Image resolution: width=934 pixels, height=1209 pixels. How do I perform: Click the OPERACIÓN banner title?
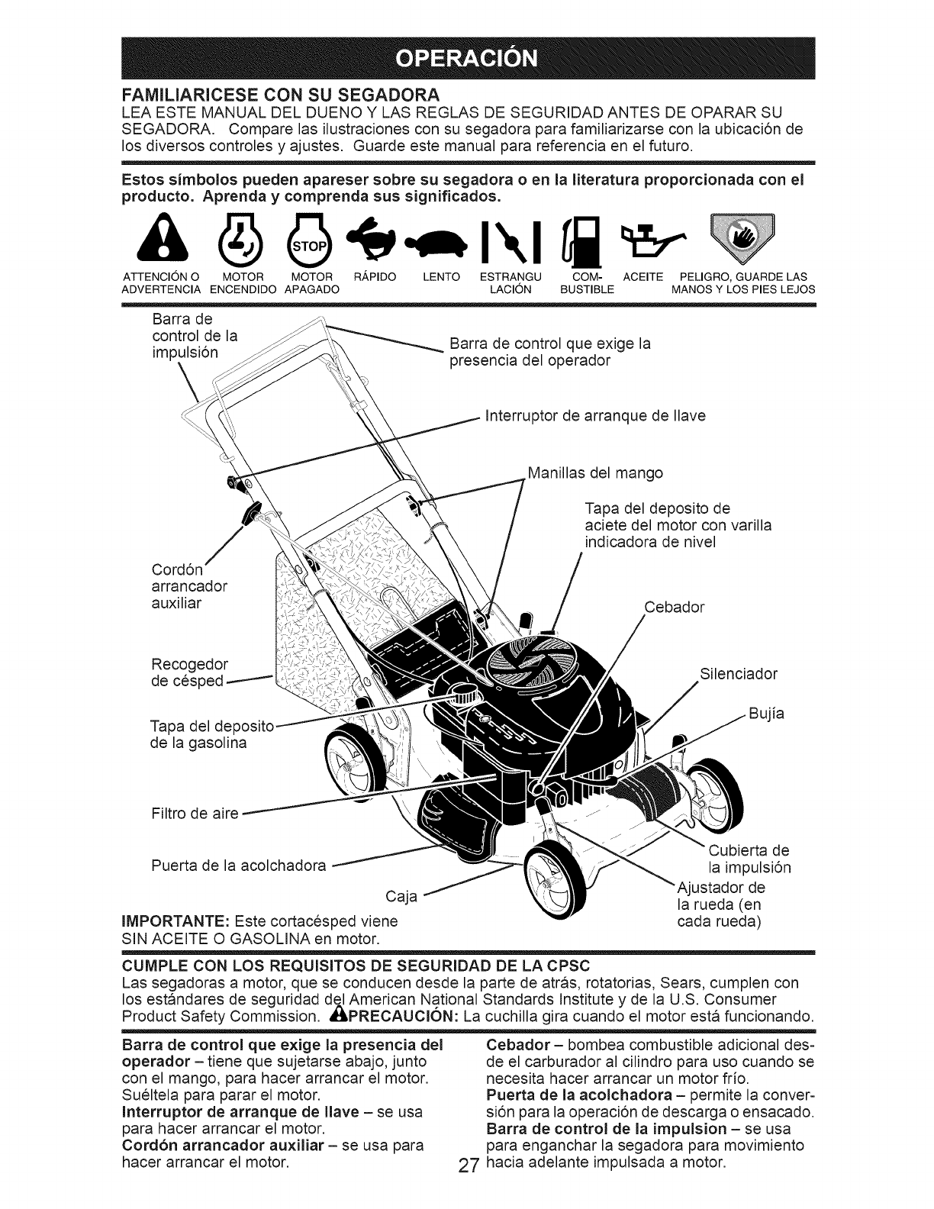click(466, 60)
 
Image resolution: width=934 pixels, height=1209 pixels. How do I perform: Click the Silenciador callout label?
click(737, 674)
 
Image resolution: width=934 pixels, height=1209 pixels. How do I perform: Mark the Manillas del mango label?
click(595, 473)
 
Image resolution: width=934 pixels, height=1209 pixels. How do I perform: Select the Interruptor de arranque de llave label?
click(595, 416)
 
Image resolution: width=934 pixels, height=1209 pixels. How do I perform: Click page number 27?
click(469, 1188)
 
